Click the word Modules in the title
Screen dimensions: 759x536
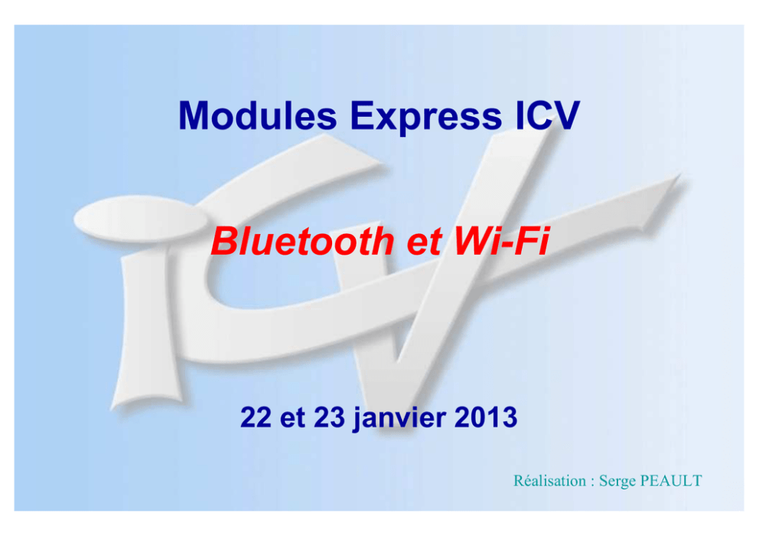click(x=258, y=115)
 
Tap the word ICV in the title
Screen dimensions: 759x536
click(x=547, y=115)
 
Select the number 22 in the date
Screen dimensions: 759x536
click(x=256, y=417)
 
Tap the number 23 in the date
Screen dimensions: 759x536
click(x=329, y=417)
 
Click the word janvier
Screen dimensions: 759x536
click(x=399, y=419)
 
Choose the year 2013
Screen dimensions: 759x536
click(x=486, y=417)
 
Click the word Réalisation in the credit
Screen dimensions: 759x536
click(x=549, y=481)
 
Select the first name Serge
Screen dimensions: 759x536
click(x=617, y=482)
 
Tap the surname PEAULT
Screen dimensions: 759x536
click(x=671, y=481)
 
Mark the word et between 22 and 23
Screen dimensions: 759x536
click(x=292, y=419)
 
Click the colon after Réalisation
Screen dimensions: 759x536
click(x=592, y=482)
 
